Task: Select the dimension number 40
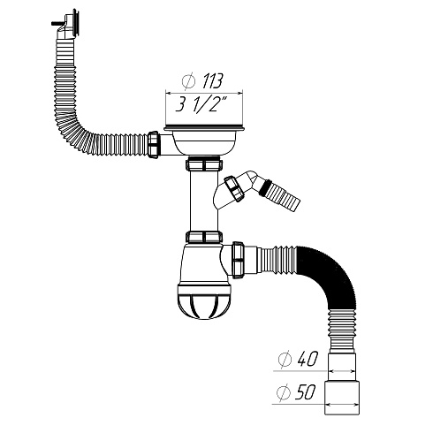306,362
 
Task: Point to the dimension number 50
306,391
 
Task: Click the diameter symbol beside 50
284,391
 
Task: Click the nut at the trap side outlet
239,258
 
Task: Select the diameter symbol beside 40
284,362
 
